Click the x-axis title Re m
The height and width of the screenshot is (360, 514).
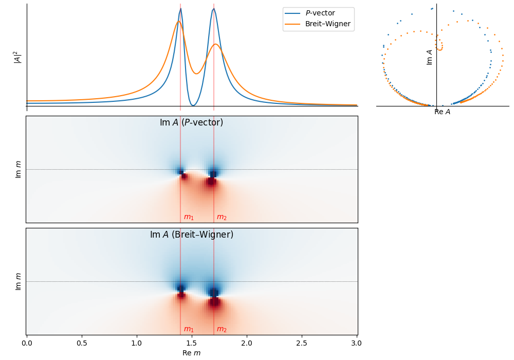click(x=191, y=353)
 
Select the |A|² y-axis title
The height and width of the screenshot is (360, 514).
click(x=17, y=57)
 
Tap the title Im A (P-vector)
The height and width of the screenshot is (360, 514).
click(x=191, y=122)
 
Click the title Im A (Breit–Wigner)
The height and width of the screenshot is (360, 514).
click(x=191, y=235)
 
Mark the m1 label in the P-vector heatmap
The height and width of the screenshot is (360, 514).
click(x=189, y=217)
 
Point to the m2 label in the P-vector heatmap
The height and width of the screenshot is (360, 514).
click(x=222, y=217)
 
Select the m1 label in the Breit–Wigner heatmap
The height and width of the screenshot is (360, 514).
click(x=189, y=329)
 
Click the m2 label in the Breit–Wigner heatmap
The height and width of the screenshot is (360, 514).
click(x=222, y=329)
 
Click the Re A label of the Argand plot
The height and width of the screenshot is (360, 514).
click(x=442, y=112)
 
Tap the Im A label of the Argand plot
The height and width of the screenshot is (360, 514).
click(x=430, y=57)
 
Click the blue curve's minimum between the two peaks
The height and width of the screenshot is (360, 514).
click(x=193, y=105)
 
